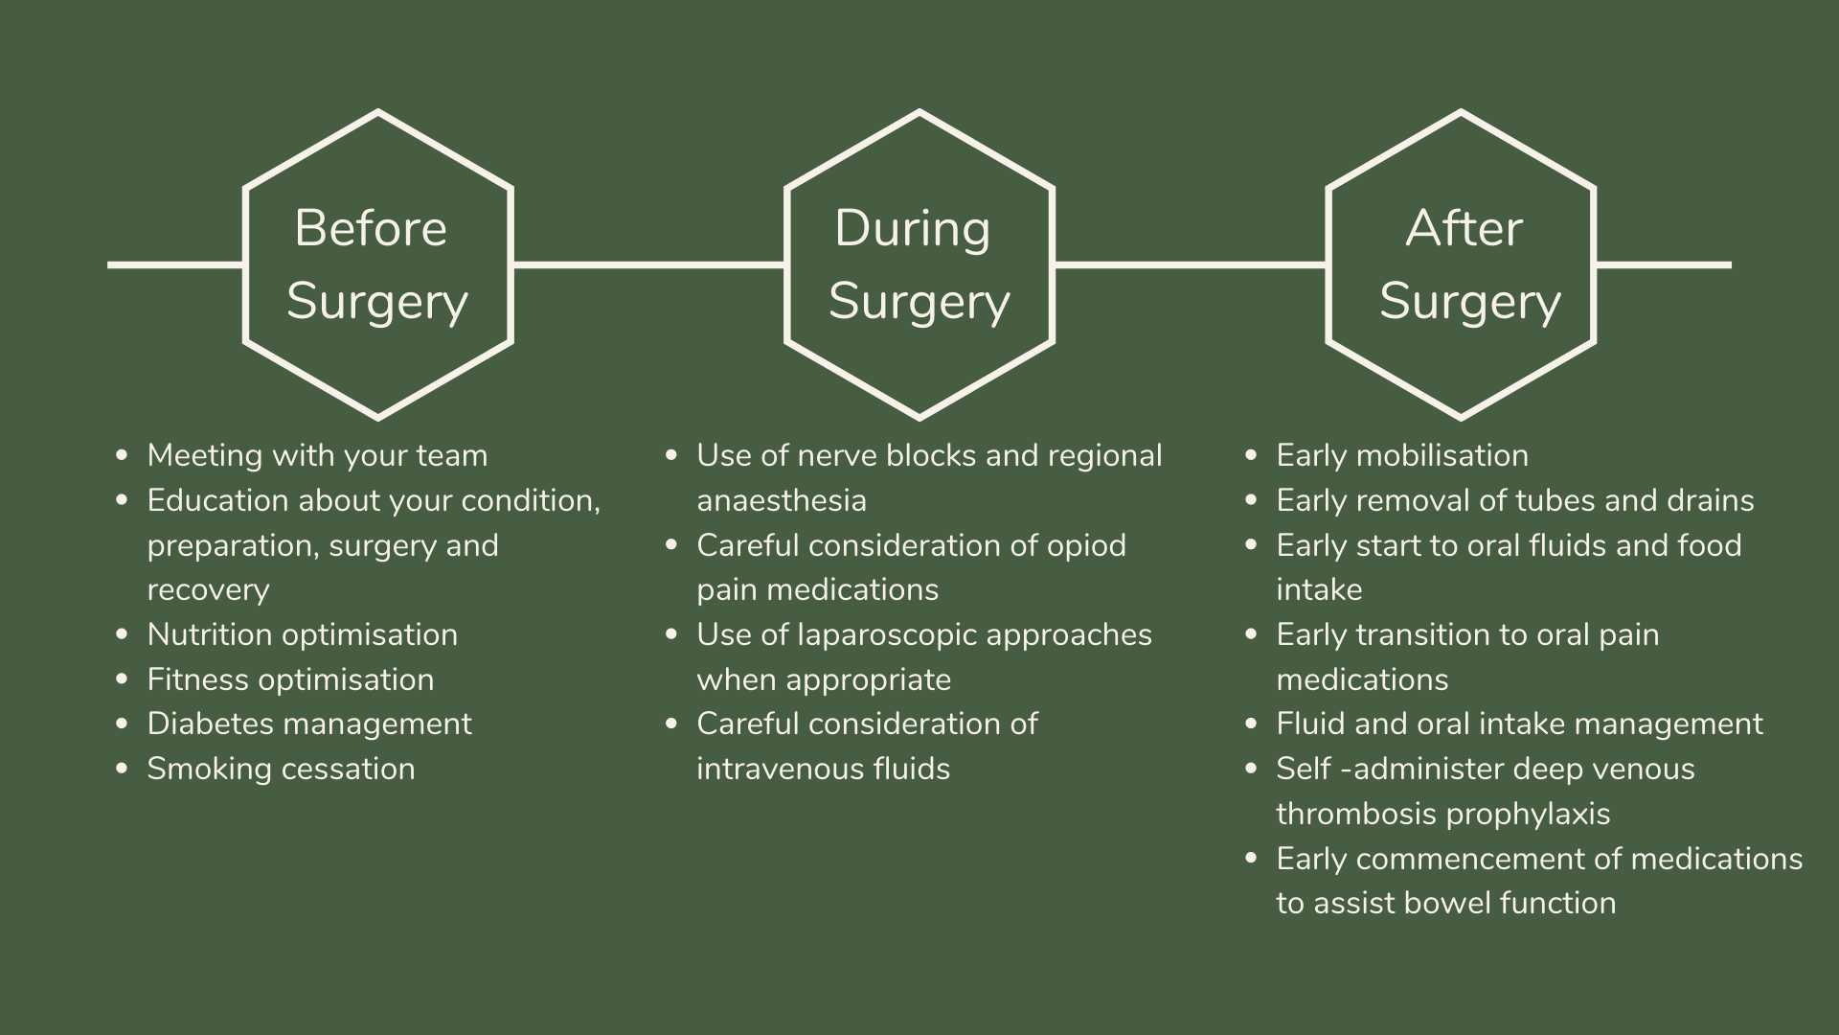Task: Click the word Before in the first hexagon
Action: [x=371, y=229]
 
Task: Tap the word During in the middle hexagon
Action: [x=912, y=229]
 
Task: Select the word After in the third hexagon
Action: [x=1464, y=229]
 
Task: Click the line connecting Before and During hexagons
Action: [x=648, y=264]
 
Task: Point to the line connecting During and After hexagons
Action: [x=1190, y=264]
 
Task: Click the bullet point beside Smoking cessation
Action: [x=122, y=769]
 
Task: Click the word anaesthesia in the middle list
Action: [x=781, y=500]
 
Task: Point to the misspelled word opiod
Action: [x=1086, y=546]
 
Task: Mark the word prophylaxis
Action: [x=1528, y=815]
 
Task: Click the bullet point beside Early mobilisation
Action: [x=1251, y=455]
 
